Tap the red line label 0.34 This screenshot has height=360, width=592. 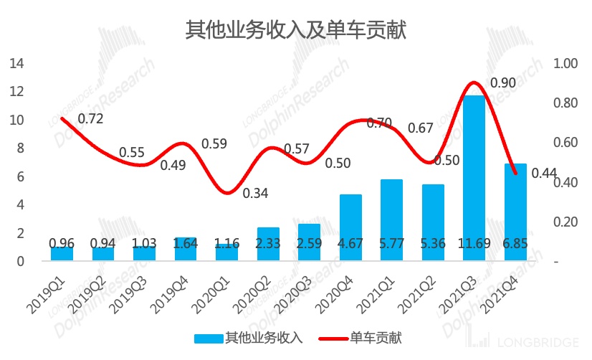(256, 194)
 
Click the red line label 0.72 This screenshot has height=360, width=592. (90, 118)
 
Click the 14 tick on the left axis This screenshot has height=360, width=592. (16, 64)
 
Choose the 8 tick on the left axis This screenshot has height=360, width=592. (20, 148)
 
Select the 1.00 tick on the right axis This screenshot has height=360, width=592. (565, 64)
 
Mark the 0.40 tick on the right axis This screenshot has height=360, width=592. (565, 183)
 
